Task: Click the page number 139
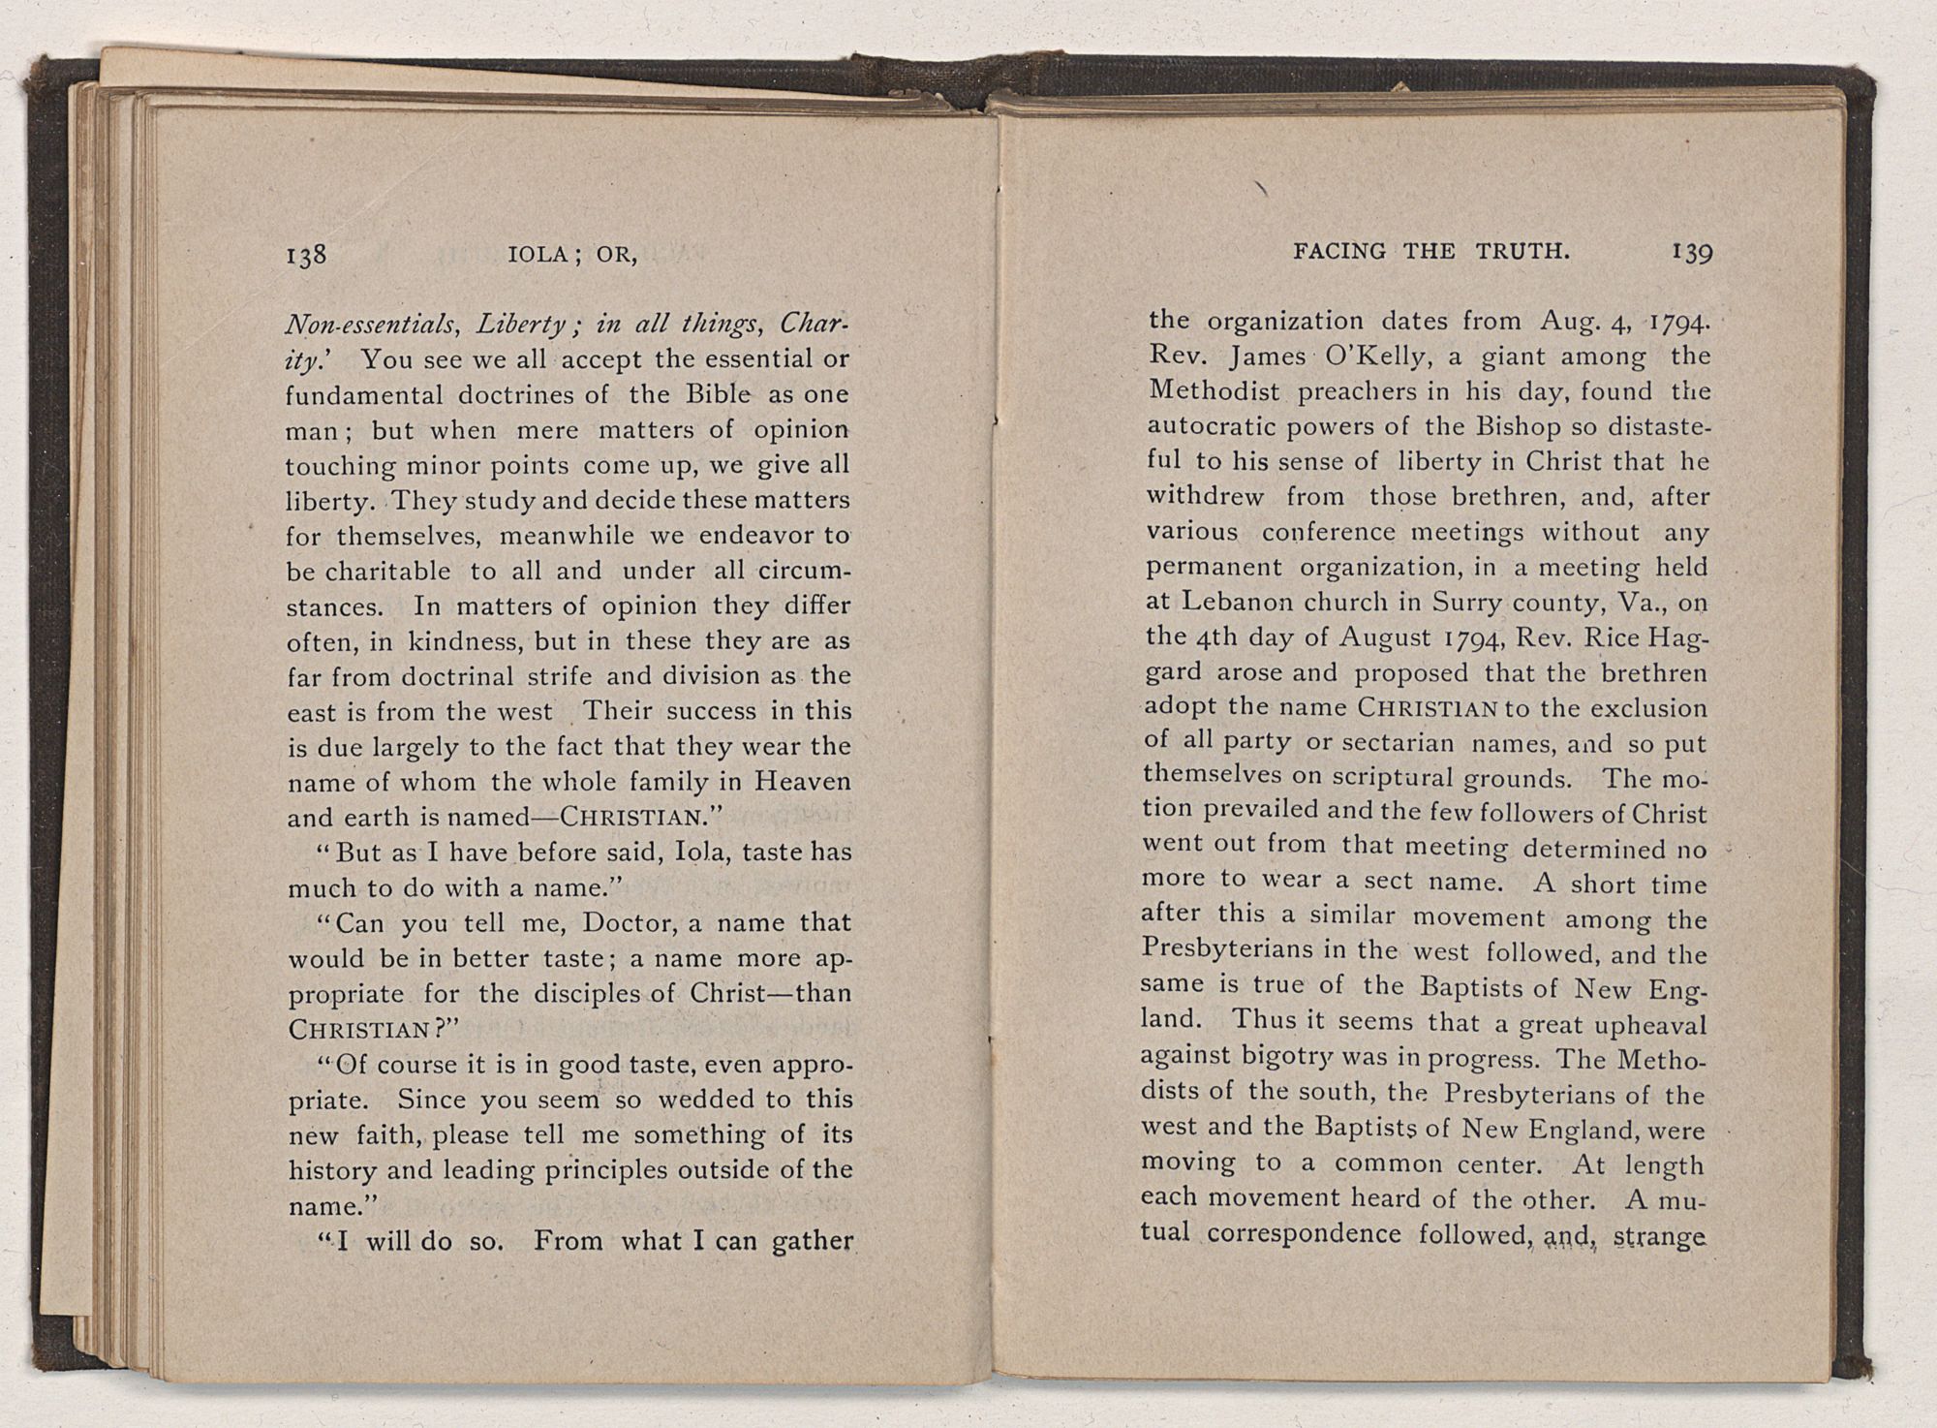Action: coord(1692,252)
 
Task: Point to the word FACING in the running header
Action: coord(1341,252)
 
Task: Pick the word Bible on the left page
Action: coord(713,394)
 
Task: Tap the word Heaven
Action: coord(802,781)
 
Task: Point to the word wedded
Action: coord(695,1100)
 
